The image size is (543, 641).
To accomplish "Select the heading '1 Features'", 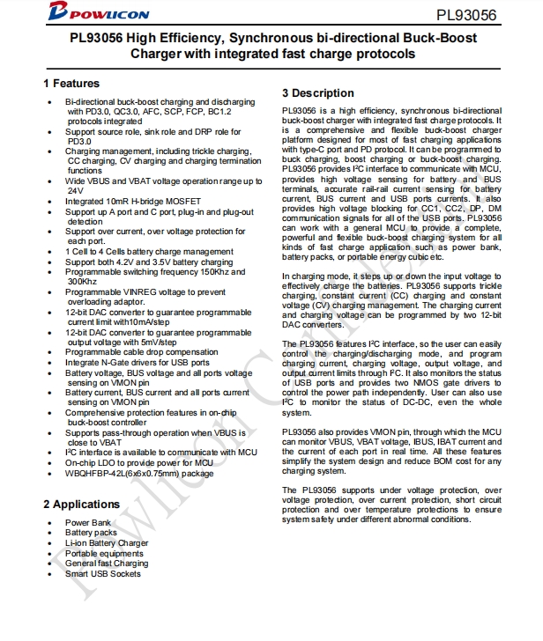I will pos(71,84).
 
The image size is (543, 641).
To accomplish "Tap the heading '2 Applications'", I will pos(81,505).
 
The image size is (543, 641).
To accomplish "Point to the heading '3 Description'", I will pos(317,93).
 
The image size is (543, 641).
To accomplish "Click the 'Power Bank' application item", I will pos(88,522).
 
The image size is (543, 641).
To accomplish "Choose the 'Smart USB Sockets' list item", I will pos(102,574).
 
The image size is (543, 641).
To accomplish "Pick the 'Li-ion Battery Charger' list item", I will pos(107,543).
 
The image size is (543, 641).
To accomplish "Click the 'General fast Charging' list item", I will pos(107,564).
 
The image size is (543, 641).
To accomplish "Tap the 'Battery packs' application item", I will pos(91,533).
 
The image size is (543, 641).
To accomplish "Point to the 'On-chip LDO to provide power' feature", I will pos(139,462).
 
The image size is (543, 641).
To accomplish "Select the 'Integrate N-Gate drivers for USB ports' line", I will pos(138,362).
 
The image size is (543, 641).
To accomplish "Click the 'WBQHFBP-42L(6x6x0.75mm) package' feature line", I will pos(139,473).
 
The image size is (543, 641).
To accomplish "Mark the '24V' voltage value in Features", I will pos(75,190).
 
